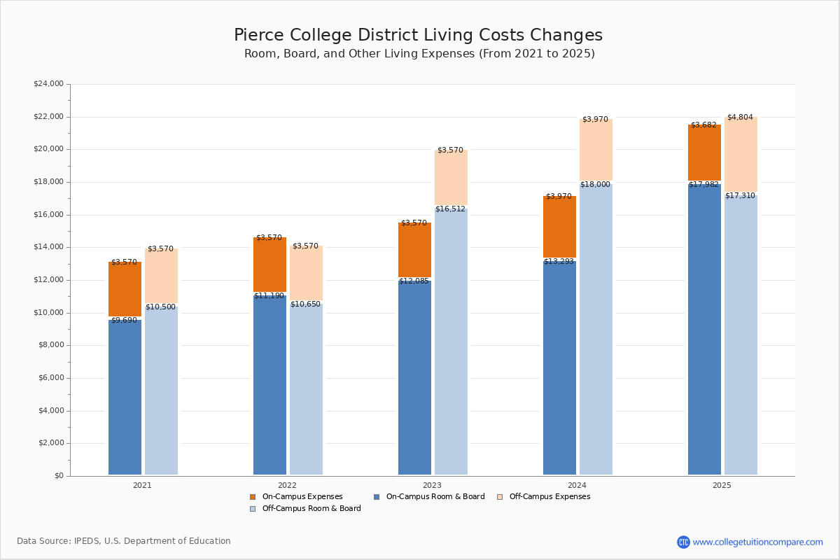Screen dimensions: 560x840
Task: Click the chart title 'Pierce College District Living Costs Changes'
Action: point(418,36)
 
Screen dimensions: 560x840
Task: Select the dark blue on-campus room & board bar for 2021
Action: point(125,399)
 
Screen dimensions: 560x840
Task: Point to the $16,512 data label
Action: point(450,209)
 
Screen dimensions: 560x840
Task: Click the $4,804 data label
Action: point(740,118)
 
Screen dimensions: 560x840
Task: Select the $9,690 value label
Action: point(124,321)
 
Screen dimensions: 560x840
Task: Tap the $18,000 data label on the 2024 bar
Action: point(595,185)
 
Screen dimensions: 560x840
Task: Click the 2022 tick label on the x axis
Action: point(287,485)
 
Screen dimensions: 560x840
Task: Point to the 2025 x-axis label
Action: point(722,485)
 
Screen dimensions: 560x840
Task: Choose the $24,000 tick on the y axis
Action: point(48,84)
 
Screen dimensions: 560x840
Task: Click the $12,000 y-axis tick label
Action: point(48,280)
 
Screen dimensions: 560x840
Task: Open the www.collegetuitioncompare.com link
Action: point(757,542)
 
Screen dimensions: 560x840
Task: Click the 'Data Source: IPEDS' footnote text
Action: point(124,541)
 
